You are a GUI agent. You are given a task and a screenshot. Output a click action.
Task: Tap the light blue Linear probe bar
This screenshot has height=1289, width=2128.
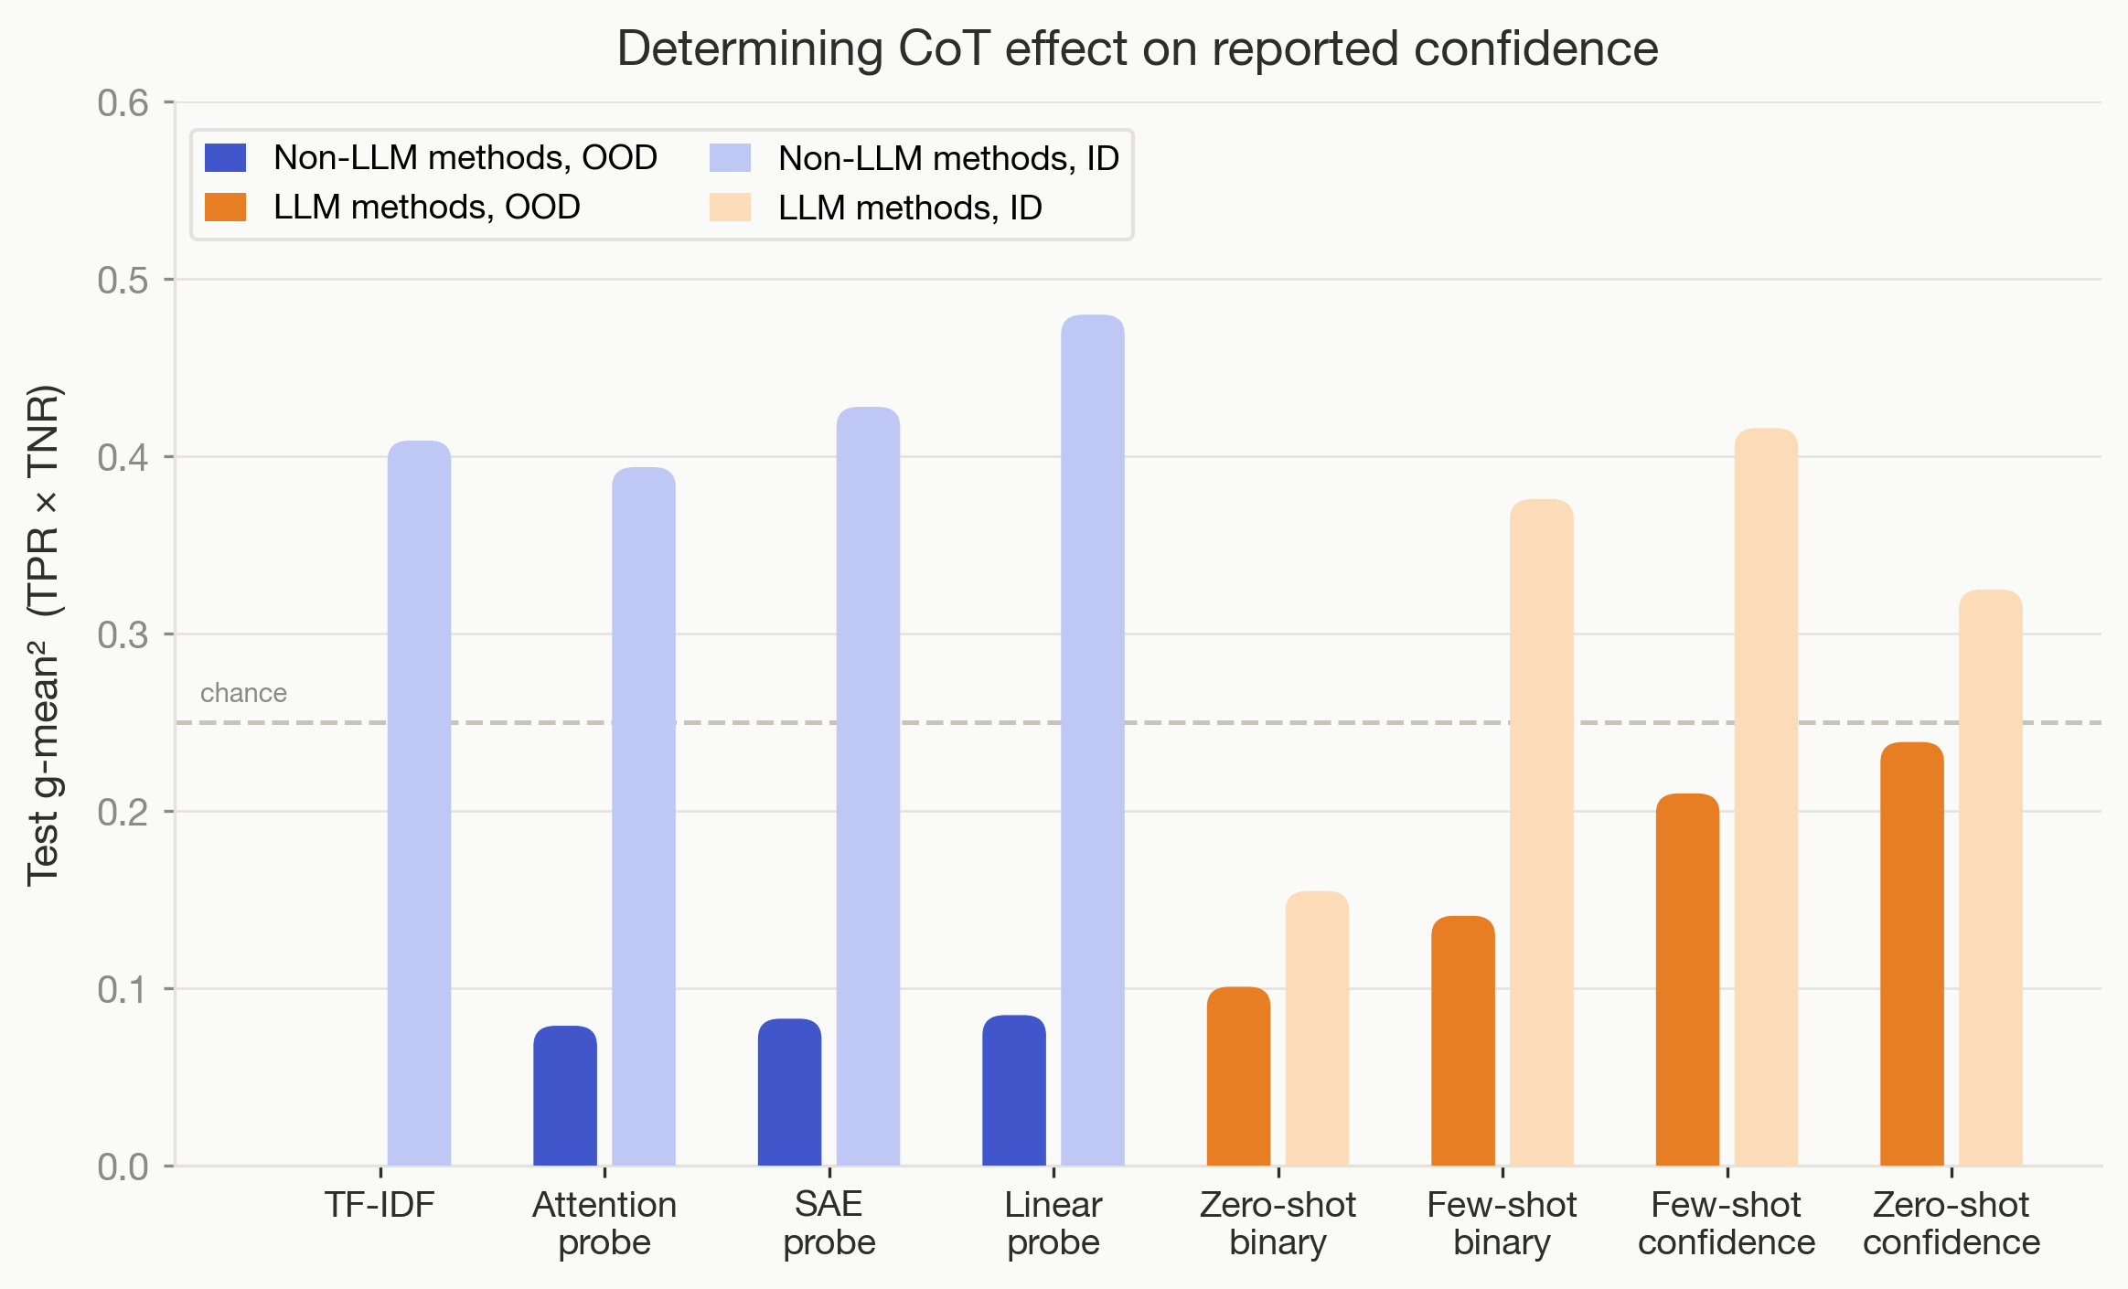tap(1092, 740)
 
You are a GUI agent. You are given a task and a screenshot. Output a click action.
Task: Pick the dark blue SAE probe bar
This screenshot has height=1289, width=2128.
tap(789, 1092)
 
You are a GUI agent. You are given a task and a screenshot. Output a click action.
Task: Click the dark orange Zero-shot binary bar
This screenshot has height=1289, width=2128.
tap(1238, 1076)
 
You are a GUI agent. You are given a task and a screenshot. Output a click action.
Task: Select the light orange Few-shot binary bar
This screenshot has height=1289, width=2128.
tap(1541, 832)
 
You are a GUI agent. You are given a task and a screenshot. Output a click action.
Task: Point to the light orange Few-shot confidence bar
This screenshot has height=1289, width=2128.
tap(1766, 796)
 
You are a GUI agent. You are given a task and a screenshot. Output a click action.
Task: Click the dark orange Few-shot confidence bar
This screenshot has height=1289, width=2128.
tap(1687, 979)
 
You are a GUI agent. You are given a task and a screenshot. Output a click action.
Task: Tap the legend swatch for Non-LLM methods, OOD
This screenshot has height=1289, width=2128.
tap(225, 158)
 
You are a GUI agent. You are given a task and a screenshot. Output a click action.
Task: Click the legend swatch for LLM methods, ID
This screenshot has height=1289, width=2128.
tap(730, 208)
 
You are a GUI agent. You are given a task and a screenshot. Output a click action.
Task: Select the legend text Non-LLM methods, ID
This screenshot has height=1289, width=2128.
tap(948, 158)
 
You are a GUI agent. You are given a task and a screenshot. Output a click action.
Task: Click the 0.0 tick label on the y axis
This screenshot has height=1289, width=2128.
tap(123, 1166)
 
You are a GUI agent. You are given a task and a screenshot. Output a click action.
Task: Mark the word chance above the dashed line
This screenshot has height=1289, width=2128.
tap(243, 693)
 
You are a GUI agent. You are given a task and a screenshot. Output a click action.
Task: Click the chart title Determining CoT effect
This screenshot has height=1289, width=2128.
tap(1137, 48)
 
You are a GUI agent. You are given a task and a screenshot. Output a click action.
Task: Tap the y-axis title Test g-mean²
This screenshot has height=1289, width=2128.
tap(43, 635)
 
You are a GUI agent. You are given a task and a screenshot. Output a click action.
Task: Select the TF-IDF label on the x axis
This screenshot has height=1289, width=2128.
tap(380, 1205)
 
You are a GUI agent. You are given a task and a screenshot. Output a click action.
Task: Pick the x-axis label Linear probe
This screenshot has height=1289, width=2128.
tap(1053, 1223)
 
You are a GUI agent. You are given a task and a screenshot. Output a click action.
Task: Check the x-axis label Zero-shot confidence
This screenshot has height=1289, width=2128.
tap(1951, 1223)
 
